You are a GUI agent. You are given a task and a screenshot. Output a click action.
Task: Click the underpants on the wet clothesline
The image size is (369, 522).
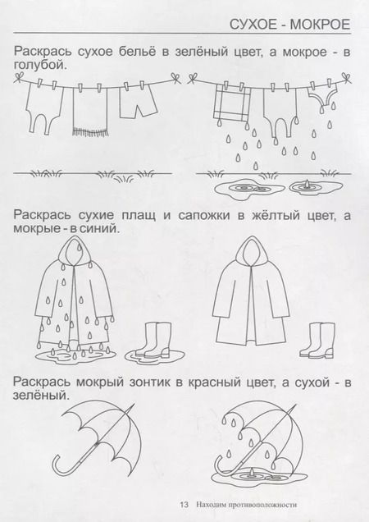[x=324, y=102]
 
